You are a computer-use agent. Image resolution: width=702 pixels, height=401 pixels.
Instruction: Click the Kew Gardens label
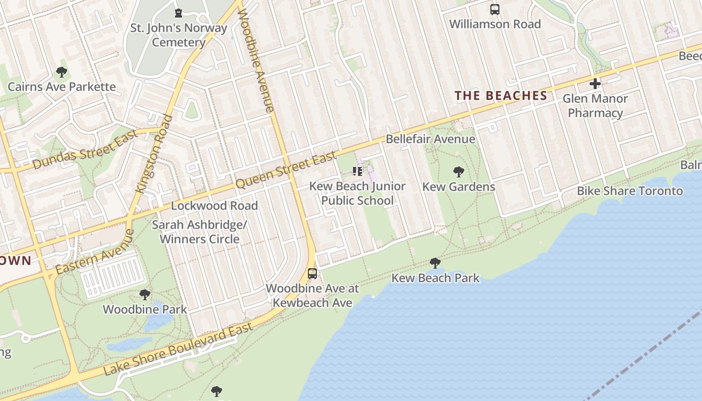pyautogui.click(x=458, y=187)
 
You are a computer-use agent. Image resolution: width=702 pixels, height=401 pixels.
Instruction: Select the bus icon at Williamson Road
pyautogui.click(x=495, y=10)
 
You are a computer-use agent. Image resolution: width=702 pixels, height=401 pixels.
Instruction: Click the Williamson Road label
pyautogui.click(x=495, y=24)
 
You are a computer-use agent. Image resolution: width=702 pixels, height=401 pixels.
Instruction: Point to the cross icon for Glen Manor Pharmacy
pyautogui.click(x=595, y=83)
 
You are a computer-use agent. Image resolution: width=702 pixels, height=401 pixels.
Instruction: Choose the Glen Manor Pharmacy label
pyautogui.click(x=595, y=105)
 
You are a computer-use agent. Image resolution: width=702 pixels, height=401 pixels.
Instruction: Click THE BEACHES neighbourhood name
pyautogui.click(x=500, y=96)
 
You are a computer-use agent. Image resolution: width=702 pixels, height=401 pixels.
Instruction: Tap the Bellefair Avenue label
pyautogui.click(x=430, y=139)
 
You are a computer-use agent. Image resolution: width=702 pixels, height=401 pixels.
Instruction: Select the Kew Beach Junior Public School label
pyautogui.click(x=357, y=193)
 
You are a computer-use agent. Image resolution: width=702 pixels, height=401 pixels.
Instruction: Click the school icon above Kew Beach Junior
pyautogui.click(x=357, y=172)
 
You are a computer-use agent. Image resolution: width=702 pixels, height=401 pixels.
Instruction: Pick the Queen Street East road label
pyautogui.click(x=286, y=170)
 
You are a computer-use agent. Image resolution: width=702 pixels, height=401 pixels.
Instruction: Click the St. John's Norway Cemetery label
pyautogui.click(x=179, y=35)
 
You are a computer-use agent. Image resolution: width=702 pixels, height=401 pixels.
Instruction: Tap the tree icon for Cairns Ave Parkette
pyautogui.click(x=62, y=72)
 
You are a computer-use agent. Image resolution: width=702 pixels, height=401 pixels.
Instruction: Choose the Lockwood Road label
pyautogui.click(x=215, y=206)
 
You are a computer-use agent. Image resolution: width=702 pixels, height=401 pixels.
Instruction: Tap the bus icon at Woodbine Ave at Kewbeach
pyautogui.click(x=312, y=274)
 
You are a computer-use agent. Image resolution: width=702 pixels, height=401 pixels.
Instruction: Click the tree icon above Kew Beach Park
pyautogui.click(x=435, y=263)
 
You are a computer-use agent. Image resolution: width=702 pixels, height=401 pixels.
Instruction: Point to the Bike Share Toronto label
pyautogui.click(x=630, y=191)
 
